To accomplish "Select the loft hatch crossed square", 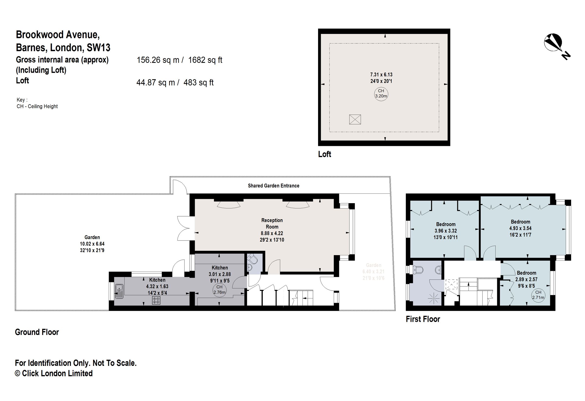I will (x=355, y=119).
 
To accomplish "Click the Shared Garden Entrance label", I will (x=273, y=186).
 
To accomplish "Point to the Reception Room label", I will (x=272, y=223).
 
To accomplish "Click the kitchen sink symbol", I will (x=119, y=291).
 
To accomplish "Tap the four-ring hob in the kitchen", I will (x=156, y=300).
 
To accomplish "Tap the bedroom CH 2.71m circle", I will (x=538, y=295).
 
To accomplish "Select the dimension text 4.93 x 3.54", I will (x=520, y=229).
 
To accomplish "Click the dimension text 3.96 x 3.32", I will (x=446, y=231).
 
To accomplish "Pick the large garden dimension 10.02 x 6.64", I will (x=92, y=244).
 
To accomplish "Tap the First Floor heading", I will (x=423, y=319).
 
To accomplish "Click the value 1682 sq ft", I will (x=205, y=60).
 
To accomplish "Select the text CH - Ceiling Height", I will (x=37, y=106).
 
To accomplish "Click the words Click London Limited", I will (x=57, y=373).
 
